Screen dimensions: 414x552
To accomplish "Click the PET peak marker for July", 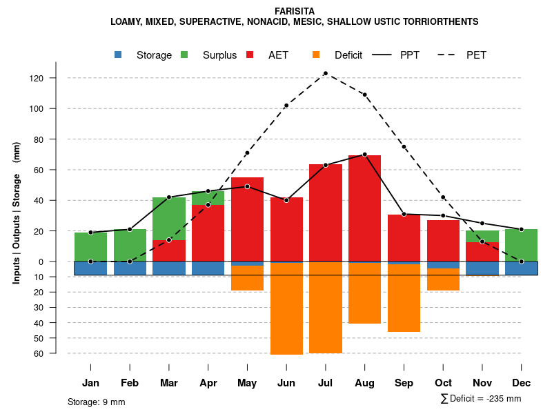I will (x=325, y=73).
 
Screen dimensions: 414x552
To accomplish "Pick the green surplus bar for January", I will (x=90, y=247).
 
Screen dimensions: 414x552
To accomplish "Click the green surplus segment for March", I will (x=169, y=219).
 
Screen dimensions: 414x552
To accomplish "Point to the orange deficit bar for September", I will (x=404, y=298).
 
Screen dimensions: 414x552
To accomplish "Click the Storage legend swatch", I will (x=119, y=55).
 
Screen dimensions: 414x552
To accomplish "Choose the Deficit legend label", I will (x=348, y=55).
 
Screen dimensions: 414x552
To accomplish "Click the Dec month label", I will (x=521, y=383).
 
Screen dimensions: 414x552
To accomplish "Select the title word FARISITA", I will (x=295, y=11).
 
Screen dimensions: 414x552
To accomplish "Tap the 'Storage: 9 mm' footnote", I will (x=97, y=402).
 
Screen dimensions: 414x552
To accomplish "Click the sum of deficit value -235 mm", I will (x=501, y=399).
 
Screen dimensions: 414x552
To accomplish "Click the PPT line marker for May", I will (x=247, y=186).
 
